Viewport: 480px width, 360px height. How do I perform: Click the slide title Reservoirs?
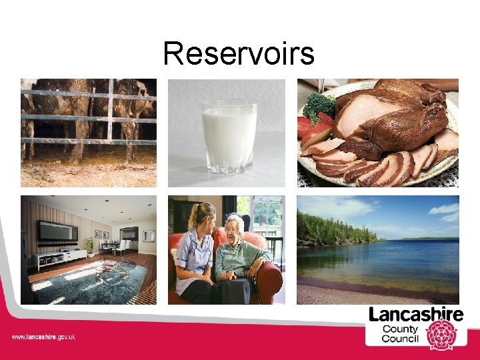(239, 53)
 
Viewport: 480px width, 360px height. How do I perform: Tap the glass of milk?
(229, 137)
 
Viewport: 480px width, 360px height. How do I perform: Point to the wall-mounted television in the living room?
(57, 231)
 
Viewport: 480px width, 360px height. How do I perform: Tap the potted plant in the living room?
(89, 246)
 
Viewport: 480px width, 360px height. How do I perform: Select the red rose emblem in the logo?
(441, 333)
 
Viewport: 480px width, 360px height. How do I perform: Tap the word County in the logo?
(400, 328)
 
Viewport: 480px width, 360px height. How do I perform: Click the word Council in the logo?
(400, 339)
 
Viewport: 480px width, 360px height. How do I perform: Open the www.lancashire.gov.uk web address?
(43, 337)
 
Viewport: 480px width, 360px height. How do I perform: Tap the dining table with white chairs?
(115, 246)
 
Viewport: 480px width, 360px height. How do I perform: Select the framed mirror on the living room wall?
(148, 235)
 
